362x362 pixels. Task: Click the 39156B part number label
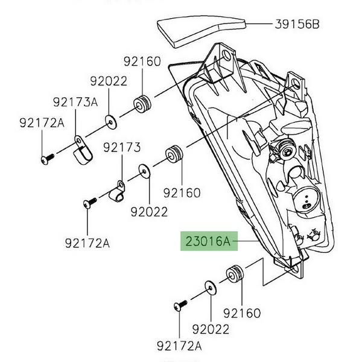tap(297, 25)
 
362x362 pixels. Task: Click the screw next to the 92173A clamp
tap(46, 159)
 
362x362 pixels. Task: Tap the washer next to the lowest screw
tap(211, 287)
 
